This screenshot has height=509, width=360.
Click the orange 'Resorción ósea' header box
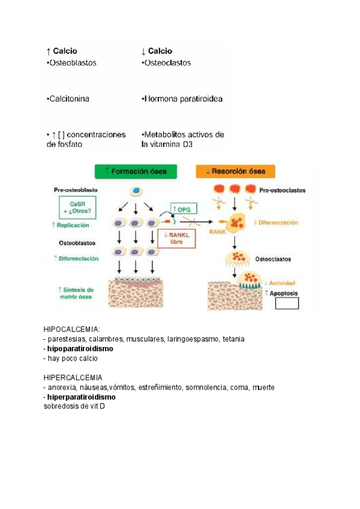pos(235,172)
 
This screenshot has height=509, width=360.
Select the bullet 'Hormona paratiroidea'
pos(182,98)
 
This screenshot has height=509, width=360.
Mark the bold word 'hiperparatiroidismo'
pos(82,397)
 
